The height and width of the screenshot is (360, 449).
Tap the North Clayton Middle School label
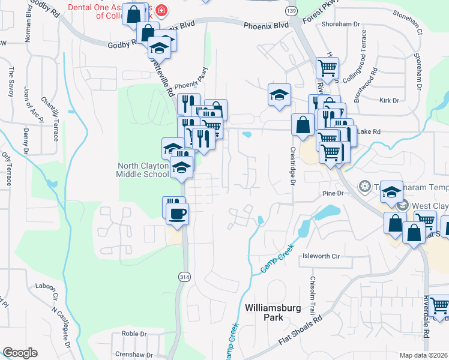click(142, 170)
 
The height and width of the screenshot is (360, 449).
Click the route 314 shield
click(184, 275)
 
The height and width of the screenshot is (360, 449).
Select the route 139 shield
click(292, 12)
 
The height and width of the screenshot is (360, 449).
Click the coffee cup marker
click(177, 213)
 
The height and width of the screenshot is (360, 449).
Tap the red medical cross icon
click(160, 11)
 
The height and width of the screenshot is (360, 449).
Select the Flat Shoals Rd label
click(300, 334)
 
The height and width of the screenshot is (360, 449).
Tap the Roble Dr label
click(130, 334)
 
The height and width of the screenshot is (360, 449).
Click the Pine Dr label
click(332, 193)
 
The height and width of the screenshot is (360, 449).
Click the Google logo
click(20, 353)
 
